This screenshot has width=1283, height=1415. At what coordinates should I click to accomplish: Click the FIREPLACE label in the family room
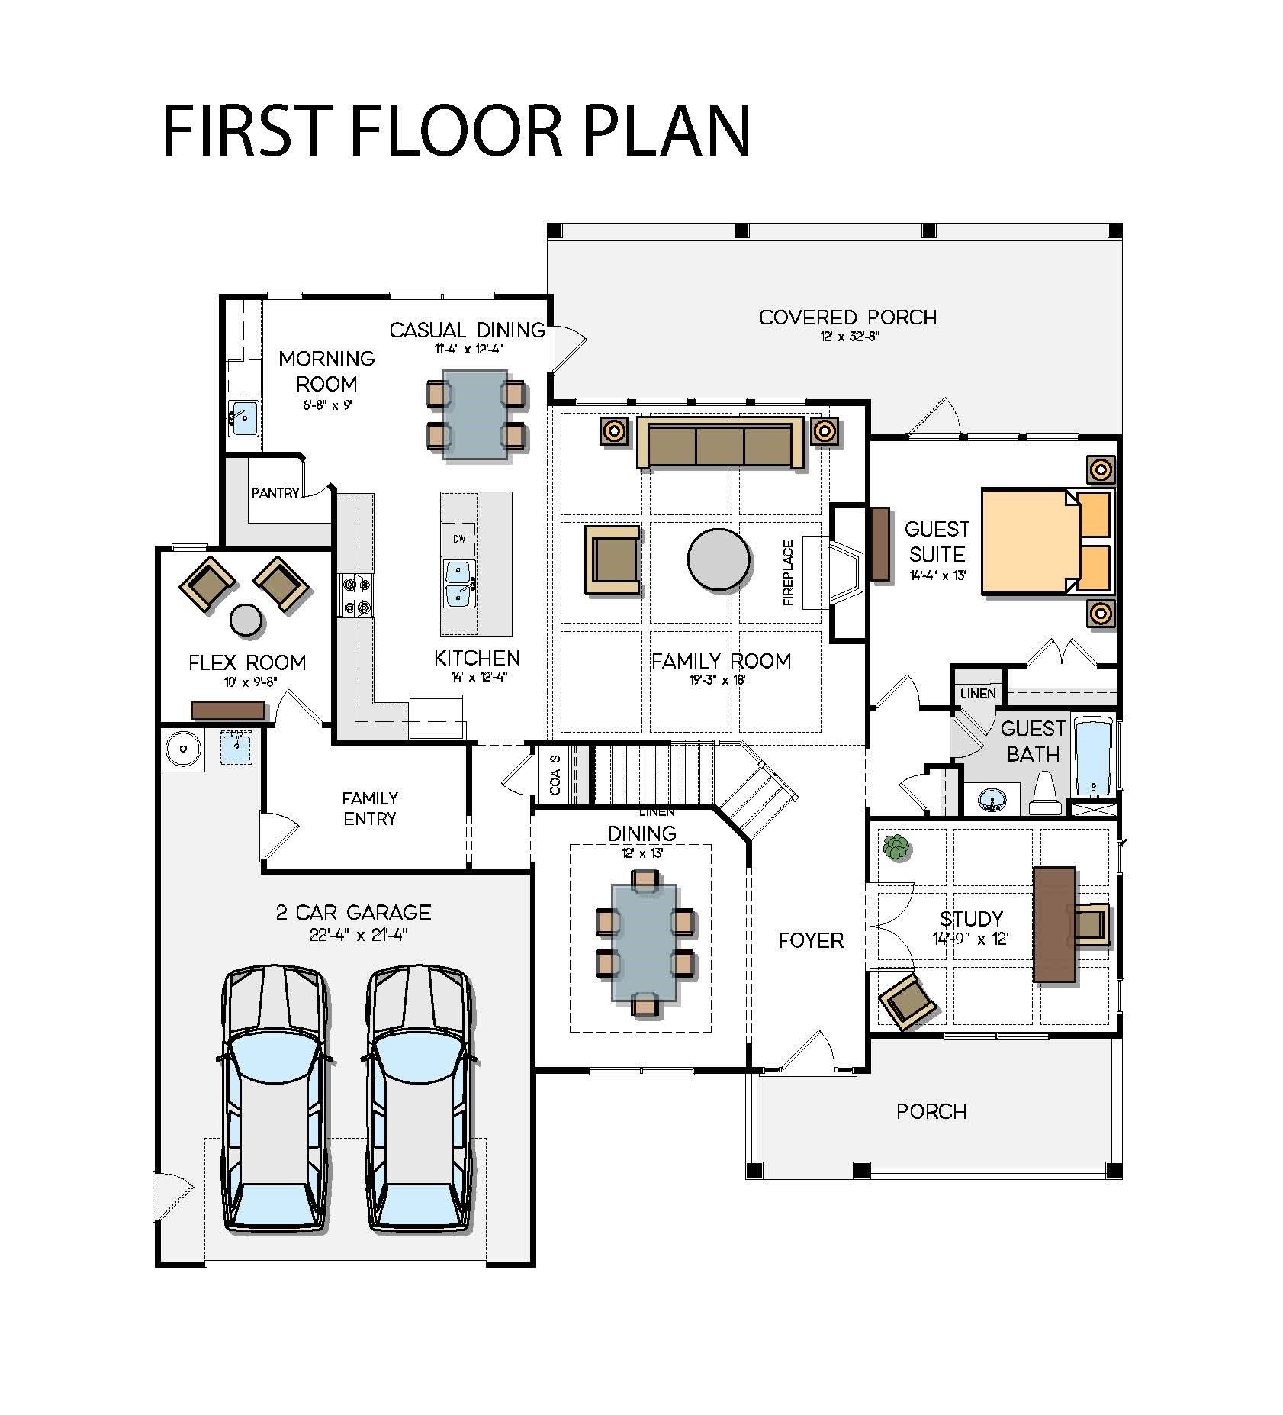(788, 572)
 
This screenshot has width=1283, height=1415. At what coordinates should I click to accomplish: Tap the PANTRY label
(275, 493)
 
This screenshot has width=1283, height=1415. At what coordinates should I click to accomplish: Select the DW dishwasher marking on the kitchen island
(459, 539)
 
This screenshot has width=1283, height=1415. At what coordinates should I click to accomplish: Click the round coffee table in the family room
(718, 559)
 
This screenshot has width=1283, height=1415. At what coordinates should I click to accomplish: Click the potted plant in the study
(896, 847)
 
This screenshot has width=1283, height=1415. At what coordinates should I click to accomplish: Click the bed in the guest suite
(1047, 542)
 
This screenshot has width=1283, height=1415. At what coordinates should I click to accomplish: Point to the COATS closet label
(555, 775)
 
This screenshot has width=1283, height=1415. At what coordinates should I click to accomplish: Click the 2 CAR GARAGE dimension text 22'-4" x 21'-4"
(359, 935)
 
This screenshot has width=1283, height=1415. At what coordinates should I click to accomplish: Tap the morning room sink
(243, 417)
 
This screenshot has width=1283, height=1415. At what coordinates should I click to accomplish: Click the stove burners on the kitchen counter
(357, 595)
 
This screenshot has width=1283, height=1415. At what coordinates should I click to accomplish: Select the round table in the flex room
(247, 619)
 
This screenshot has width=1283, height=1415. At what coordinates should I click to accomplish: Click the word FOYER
(811, 940)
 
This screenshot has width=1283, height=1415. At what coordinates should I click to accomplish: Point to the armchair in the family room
(613, 559)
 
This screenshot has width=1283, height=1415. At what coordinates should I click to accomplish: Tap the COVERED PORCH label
(848, 317)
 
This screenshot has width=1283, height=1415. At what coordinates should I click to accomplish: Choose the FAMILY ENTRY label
(370, 808)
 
